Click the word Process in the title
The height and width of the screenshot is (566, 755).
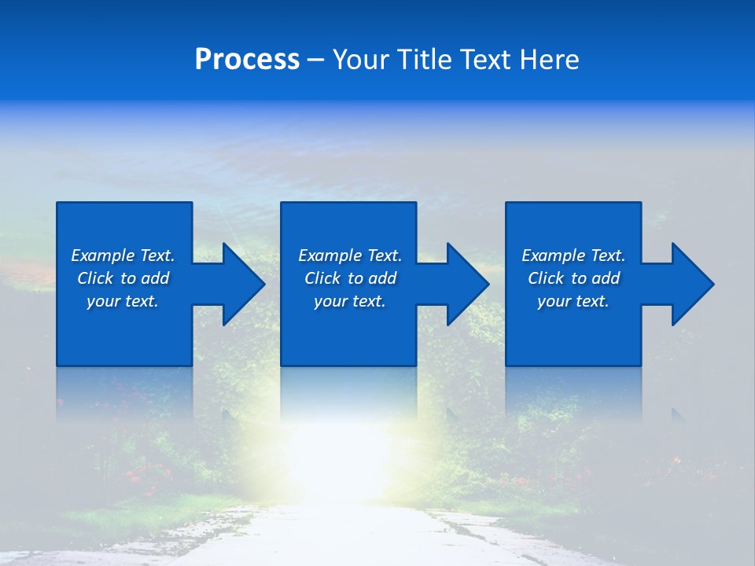point(247,60)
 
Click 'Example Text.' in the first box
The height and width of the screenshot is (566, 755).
point(123,255)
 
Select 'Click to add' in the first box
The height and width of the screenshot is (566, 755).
point(123,278)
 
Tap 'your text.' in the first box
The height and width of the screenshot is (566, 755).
point(123,301)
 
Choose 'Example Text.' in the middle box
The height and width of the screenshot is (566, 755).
point(350,255)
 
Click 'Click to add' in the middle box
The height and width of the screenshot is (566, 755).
point(350,278)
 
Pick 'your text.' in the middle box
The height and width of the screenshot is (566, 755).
point(350,301)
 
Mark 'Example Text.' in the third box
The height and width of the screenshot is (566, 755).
point(573,255)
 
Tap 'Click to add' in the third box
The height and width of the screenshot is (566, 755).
point(573,278)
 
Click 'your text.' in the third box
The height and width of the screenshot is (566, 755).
point(573,301)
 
